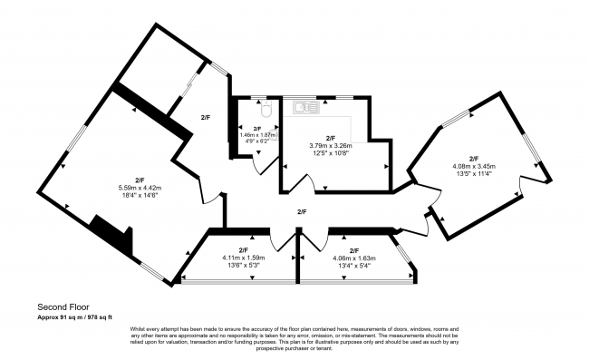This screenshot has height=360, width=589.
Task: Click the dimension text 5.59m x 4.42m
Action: coord(140,187)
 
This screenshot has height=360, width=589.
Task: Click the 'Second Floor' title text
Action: coord(63,306)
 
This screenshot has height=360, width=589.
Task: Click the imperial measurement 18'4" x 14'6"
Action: coord(140,195)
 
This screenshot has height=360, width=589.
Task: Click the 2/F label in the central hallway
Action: coord(302,212)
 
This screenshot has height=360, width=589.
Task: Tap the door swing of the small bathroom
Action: coord(265,166)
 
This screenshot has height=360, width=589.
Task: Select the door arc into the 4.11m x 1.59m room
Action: coord(286,241)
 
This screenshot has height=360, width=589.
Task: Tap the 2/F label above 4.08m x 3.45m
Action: coord(473,158)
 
